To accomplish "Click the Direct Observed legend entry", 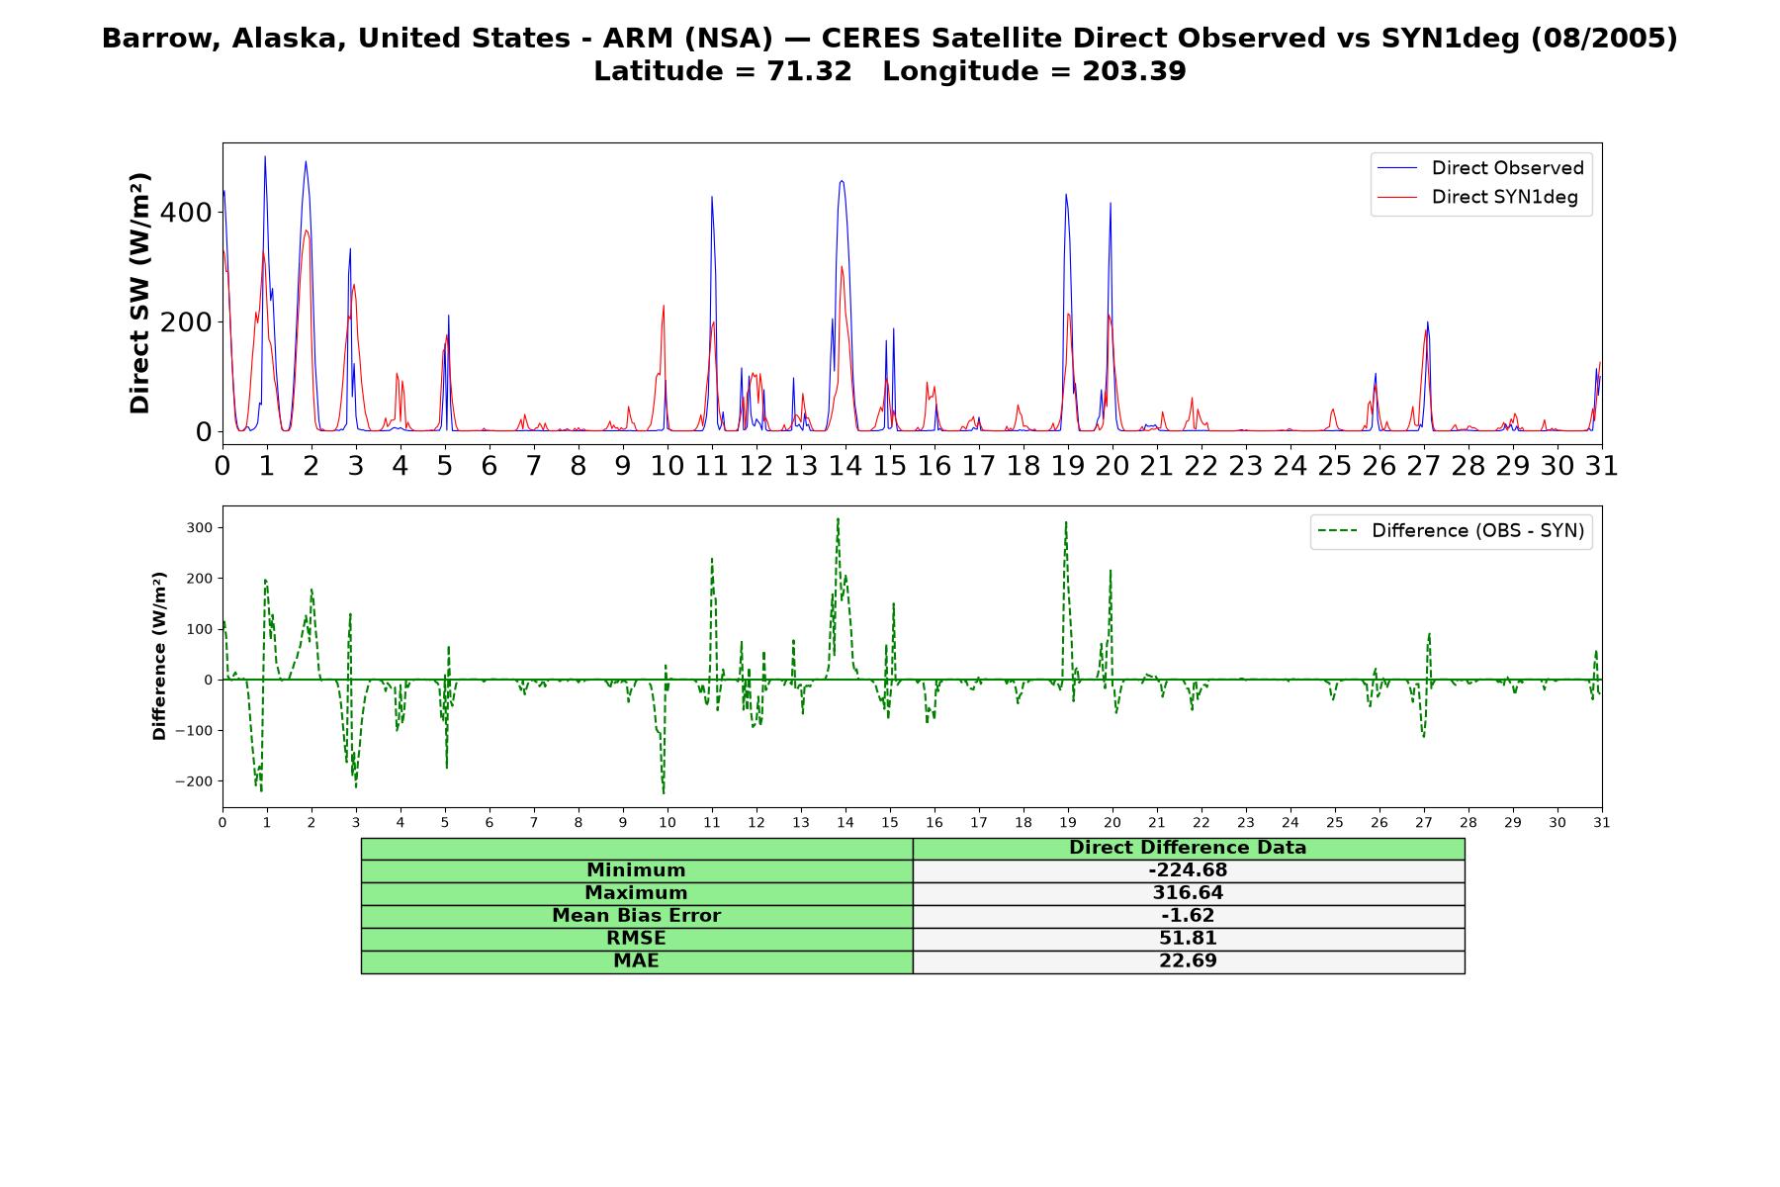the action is click(1480, 168).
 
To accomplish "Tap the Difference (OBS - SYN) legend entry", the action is click(1451, 531).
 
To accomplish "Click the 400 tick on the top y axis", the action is click(190, 213).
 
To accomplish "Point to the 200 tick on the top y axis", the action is click(190, 322).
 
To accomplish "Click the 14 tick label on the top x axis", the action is click(845, 466).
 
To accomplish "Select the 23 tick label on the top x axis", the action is click(1245, 466).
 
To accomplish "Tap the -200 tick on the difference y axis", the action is click(195, 781).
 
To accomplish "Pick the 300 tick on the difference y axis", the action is click(200, 528).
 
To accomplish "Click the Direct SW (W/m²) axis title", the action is click(139, 294).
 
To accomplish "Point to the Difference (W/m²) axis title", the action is click(159, 657).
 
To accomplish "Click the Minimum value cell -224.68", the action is click(1188, 870).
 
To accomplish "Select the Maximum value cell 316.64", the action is click(1188, 893).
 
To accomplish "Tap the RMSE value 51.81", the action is click(1188, 939).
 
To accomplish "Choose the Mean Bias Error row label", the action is click(636, 916).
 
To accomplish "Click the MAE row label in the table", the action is click(636, 961).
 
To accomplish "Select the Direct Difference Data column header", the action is click(1188, 848).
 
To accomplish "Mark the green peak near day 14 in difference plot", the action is click(838, 518).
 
